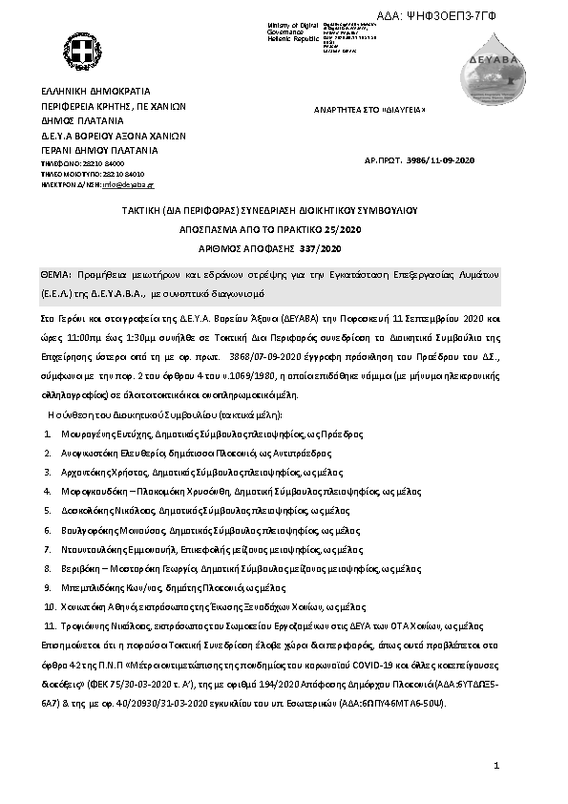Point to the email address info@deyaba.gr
pos(129,183)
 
